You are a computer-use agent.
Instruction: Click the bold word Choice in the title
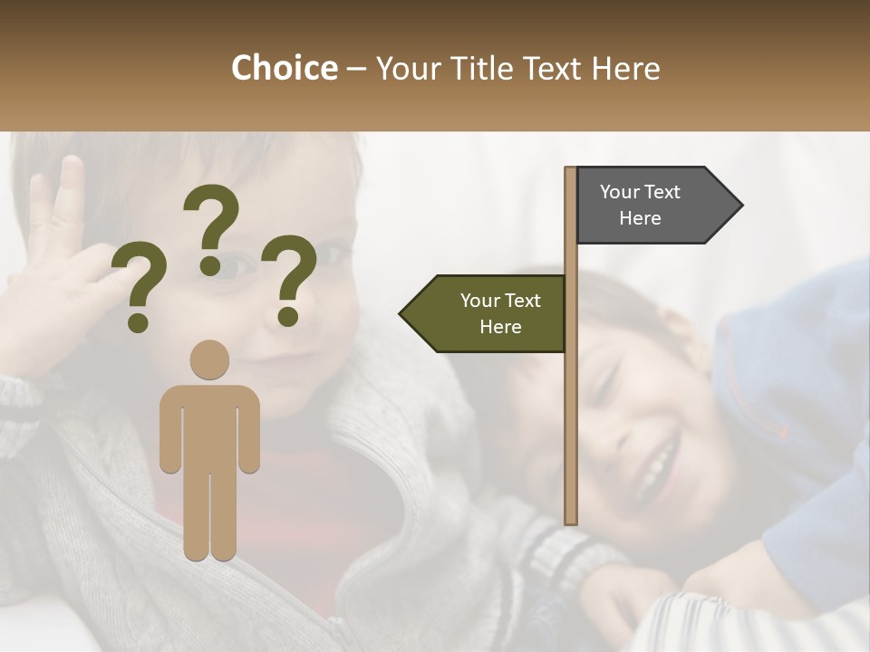pyautogui.click(x=284, y=68)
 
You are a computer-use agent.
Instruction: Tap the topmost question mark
pyautogui.click(x=211, y=217)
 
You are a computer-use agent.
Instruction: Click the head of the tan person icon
pyautogui.click(x=209, y=360)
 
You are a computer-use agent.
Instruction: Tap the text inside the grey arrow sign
pyautogui.click(x=640, y=205)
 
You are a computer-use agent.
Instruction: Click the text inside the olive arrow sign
pyautogui.click(x=500, y=313)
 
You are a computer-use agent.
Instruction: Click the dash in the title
pyautogui.click(x=356, y=70)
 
